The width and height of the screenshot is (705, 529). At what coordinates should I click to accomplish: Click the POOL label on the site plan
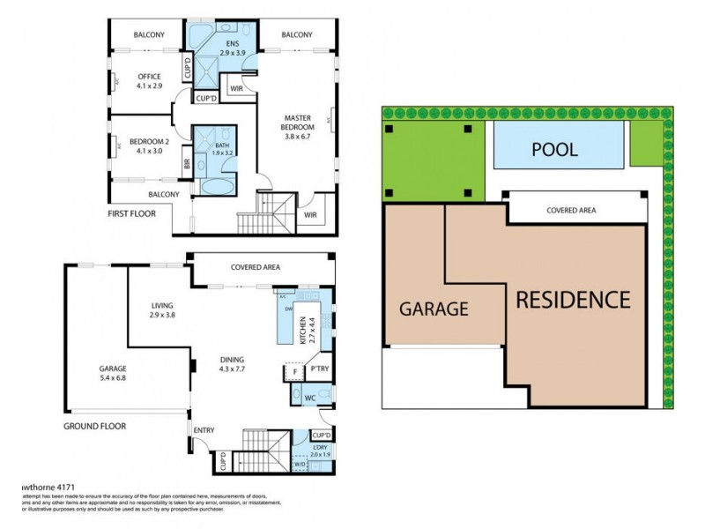(x=554, y=149)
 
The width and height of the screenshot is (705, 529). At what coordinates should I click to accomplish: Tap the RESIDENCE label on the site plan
(x=573, y=300)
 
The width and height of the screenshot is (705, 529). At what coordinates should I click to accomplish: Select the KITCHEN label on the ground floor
(x=302, y=328)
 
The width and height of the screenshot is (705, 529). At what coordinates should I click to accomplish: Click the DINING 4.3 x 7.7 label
(x=234, y=363)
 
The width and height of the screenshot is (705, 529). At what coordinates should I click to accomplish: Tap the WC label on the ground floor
(x=310, y=398)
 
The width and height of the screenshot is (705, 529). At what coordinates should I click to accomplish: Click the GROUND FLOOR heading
(x=94, y=426)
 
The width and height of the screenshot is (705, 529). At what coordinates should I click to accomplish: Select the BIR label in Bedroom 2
(x=186, y=163)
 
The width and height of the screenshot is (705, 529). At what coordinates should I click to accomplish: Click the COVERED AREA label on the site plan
(x=570, y=211)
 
